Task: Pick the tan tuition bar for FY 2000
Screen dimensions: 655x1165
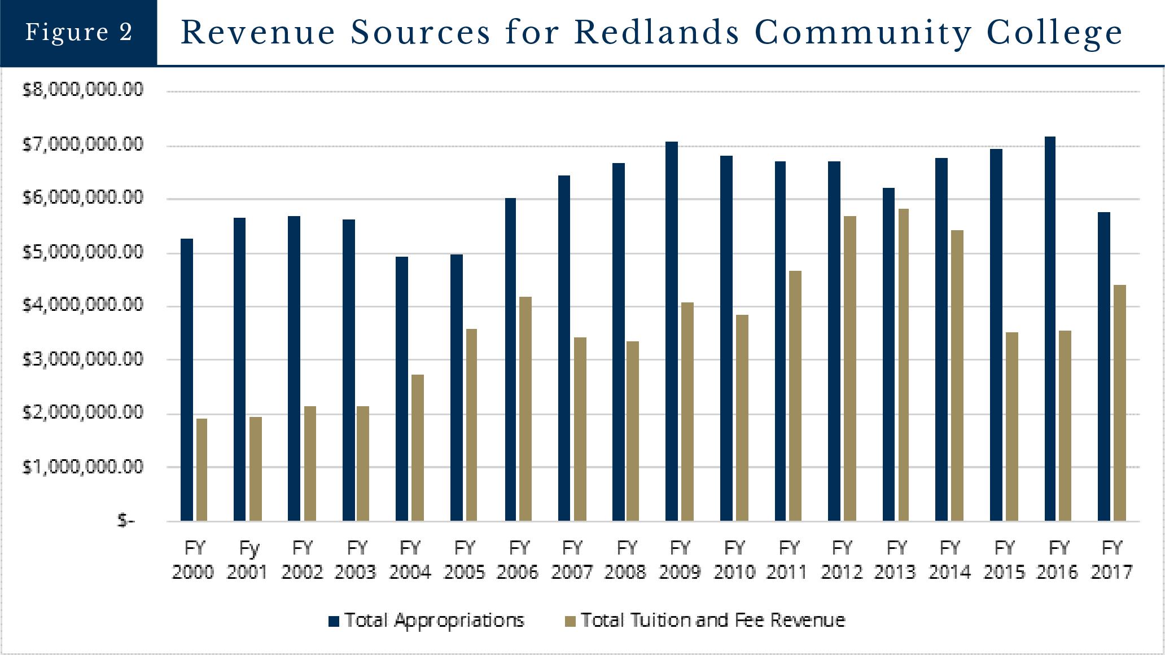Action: (x=202, y=469)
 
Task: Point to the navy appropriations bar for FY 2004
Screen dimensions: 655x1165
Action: (x=401, y=389)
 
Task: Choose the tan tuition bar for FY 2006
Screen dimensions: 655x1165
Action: (x=525, y=408)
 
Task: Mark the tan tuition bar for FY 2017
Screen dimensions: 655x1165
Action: (x=1120, y=403)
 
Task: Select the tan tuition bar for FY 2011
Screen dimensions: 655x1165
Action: (x=795, y=395)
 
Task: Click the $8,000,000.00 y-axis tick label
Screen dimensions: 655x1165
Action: (x=82, y=90)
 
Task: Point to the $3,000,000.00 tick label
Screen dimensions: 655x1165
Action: (x=82, y=359)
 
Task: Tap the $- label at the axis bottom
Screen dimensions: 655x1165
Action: (x=126, y=520)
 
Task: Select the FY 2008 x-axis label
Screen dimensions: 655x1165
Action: (x=625, y=560)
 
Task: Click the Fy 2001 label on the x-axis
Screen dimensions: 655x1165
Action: (x=247, y=560)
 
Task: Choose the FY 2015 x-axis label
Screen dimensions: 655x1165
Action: (x=1004, y=560)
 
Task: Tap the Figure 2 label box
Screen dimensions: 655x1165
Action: (x=78, y=32)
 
